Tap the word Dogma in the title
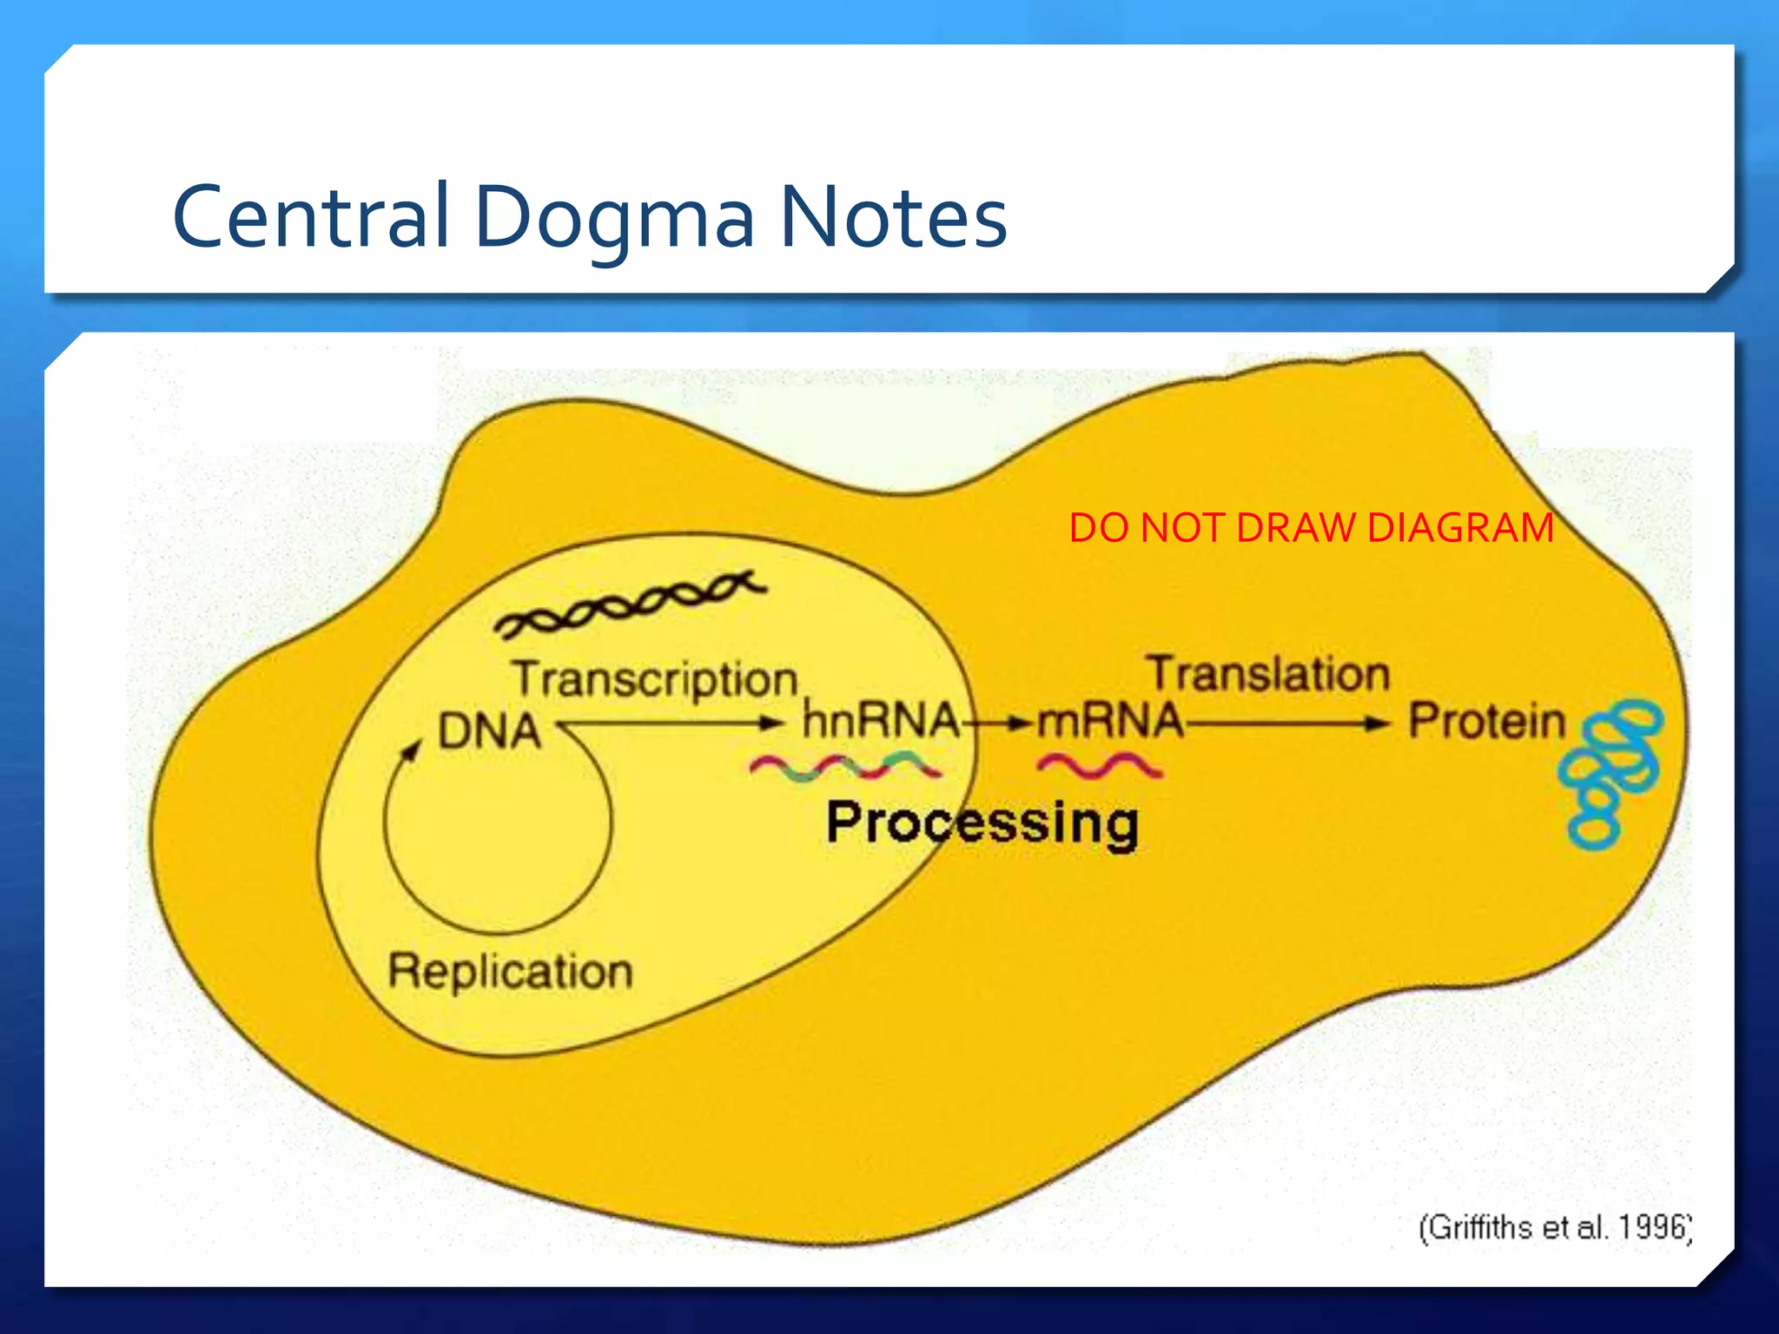(x=614, y=217)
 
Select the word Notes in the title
(x=893, y=215)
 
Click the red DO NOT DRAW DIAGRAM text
(x=1311, y=528)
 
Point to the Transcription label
(x=655, y=679)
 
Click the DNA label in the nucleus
(x=489, y=730)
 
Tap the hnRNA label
(x=880, y=720)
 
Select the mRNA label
(x=1110, y=720)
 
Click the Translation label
(x=1268, y=674)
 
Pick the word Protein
(x=1486, y=721)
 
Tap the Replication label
(x=510, y=970)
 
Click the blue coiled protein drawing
(x=1611, y=772)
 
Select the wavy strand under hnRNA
(x=844, y=768)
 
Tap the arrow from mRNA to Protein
(x=1286, y=723)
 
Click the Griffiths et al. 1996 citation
(x=1555, y=1227)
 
